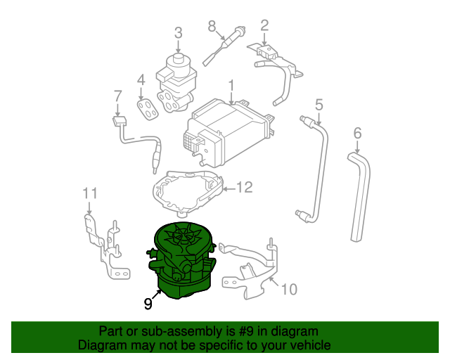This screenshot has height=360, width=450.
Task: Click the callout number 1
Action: click(230, 86)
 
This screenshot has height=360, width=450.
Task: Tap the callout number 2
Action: click(264, 26)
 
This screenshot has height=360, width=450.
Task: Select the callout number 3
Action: click(178, 32)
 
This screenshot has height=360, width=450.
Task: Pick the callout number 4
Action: click(141, 79)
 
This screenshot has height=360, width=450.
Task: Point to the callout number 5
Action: click(319, 105)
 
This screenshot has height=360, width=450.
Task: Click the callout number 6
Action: click(357, 132)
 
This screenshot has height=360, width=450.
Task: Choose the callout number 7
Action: click(117, 96)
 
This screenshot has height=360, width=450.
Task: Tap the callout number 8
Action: click(211, 26)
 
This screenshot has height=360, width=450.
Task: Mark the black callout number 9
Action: click(148, 304)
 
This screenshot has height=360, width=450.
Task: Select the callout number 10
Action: click(290, 289)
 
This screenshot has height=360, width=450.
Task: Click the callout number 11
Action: click(90, 193)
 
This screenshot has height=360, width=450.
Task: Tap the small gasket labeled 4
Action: click(147, 109)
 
